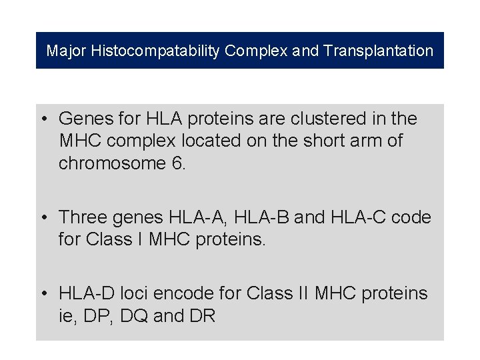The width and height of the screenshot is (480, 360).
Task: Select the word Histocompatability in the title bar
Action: (156, 51)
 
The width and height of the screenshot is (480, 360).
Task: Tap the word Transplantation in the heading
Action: (378, 51)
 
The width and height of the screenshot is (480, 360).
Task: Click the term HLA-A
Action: (199, 217)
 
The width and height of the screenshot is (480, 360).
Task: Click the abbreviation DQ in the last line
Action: (134, 316)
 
